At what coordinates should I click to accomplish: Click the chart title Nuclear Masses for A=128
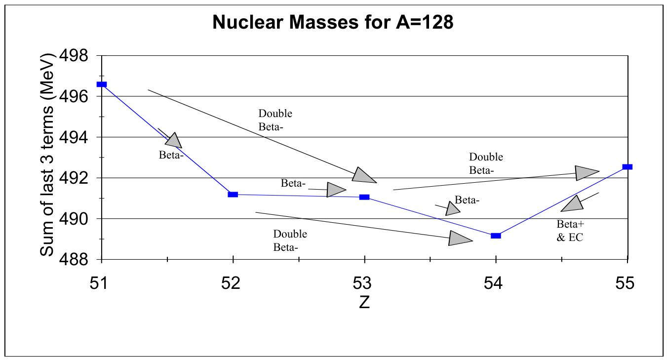pos(333,22)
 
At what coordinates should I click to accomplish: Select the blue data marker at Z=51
pos(102,84)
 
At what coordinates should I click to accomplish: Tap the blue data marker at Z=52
pos(233,195)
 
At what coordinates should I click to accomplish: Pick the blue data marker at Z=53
pos(364,197)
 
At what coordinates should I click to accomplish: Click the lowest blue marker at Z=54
pos(496,236)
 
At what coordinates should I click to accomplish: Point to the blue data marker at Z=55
pos(628,167)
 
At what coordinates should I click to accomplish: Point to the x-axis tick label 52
pos(231,283)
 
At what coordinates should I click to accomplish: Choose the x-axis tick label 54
pos(493,283)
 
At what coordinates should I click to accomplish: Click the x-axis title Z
pos(364,302)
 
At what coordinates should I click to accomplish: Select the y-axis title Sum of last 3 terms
pos(47,155)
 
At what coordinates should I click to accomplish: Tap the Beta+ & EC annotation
pos(570,231)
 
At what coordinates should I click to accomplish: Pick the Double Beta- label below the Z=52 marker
pos(290,240)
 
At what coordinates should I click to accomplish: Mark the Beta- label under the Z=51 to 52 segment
pos(171,155)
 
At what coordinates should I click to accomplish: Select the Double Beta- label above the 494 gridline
pos(275,120)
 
